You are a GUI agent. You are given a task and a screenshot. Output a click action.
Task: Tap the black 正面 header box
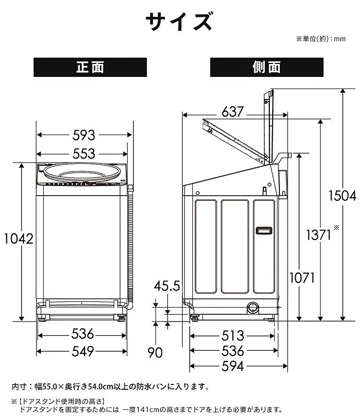(90, 67)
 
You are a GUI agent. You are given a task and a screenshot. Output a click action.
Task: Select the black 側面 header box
(266, 67)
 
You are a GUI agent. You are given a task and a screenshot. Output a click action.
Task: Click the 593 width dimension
(84, 136)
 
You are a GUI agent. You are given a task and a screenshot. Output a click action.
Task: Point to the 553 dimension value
(84, 153)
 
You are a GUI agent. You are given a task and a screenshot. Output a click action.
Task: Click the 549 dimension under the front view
(84, 351)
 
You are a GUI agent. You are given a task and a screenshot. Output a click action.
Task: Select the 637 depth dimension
(233, 113)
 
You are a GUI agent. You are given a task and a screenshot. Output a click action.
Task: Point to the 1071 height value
(301, 277)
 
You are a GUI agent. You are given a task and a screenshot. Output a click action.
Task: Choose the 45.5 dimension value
(167, 287)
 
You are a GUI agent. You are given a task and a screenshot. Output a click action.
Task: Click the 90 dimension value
(155, 353)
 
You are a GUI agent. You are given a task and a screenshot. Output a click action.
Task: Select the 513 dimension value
(233, 336)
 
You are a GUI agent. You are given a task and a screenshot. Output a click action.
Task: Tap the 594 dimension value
(233, 366)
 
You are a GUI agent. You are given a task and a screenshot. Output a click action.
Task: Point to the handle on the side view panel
(263, 231)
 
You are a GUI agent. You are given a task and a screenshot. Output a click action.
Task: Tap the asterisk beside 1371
(336, 227)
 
